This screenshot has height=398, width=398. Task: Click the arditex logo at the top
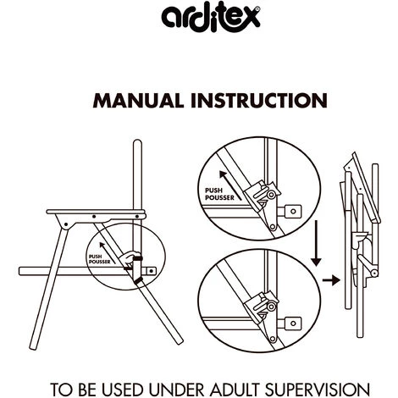(210, 18)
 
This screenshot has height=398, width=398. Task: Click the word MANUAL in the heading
(138, 101)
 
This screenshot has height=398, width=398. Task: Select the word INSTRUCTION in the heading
(259, 101)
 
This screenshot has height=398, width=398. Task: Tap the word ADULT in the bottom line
(234, 390)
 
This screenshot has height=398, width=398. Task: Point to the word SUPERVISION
(318, 390)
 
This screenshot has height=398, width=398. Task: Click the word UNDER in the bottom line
(176, 390)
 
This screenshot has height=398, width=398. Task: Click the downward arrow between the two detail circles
(316, 243)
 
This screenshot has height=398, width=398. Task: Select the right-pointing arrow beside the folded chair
(331, 280)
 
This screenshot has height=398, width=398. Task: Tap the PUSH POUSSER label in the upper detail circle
(219, 194)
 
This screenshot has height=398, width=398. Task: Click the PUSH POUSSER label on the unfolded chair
(99, 259)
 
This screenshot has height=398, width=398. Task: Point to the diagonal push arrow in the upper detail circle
(229, 185)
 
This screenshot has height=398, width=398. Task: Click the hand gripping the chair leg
(129, 258)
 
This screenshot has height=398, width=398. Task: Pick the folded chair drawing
(359, 245)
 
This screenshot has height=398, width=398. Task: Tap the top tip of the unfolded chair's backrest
(137, 141)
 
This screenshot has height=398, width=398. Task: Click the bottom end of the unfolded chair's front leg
(33, 348)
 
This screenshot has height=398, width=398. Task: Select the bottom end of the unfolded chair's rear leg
(180, 342)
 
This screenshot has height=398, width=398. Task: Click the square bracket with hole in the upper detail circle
(293, 211)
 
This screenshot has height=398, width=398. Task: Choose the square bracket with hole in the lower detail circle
(293, 323)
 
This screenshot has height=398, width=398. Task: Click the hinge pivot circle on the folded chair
(374, 273)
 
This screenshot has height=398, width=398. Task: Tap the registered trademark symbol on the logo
(257, 8)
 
